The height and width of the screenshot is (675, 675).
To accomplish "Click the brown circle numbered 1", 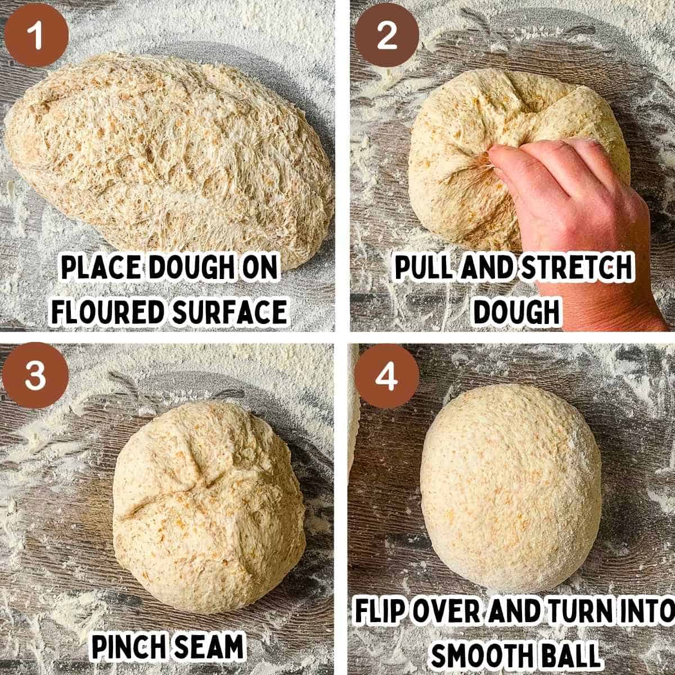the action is click(x=37, y=35).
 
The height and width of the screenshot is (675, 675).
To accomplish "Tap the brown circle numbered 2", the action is click(x=386, y=35).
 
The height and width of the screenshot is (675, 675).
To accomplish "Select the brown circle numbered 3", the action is click(x=35, y=375).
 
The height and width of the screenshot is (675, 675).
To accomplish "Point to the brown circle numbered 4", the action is click(x=386, y=376).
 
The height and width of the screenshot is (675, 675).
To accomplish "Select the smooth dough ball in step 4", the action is click(x=511, y=480).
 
